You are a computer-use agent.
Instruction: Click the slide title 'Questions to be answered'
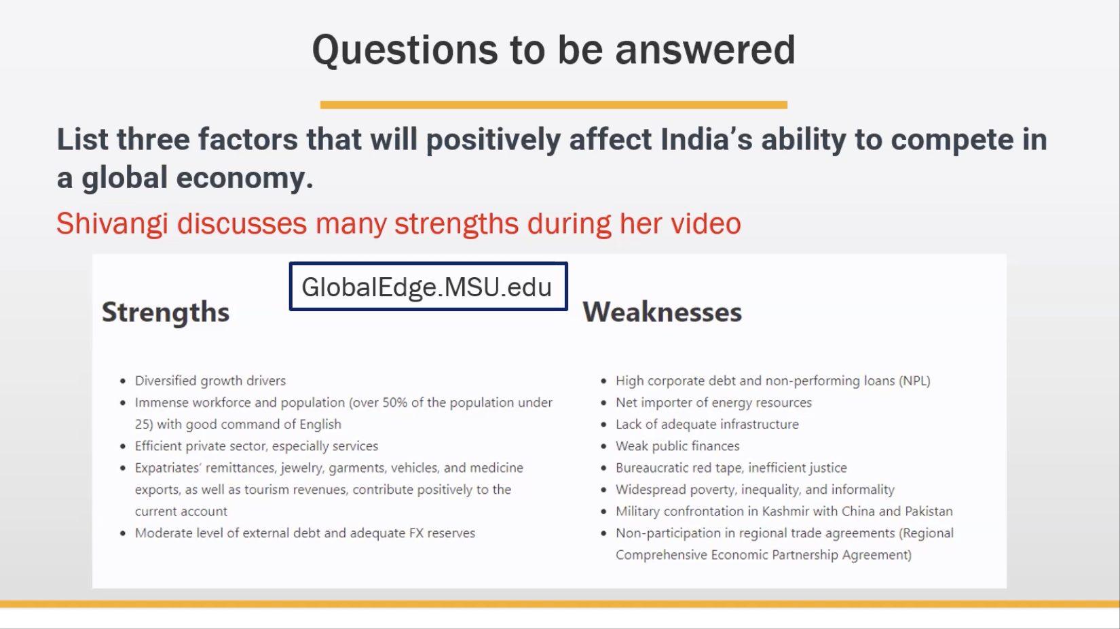553,50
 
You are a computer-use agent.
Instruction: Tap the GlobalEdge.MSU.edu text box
428,286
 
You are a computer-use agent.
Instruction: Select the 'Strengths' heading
166,312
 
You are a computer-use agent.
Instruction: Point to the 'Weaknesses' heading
662,312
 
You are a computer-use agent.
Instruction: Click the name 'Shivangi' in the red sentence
112,223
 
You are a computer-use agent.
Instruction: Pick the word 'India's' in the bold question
706,139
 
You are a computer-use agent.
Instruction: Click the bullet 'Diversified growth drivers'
210,381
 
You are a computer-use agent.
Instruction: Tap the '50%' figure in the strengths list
395,402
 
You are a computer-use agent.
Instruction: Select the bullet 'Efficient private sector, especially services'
257,446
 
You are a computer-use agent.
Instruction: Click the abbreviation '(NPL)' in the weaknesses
914,381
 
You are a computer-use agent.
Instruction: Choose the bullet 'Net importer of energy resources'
713,402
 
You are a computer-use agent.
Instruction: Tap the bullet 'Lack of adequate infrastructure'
707,425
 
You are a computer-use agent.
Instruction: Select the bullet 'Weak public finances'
677,446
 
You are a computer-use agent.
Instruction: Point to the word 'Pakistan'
929,511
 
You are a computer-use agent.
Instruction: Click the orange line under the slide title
553,105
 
